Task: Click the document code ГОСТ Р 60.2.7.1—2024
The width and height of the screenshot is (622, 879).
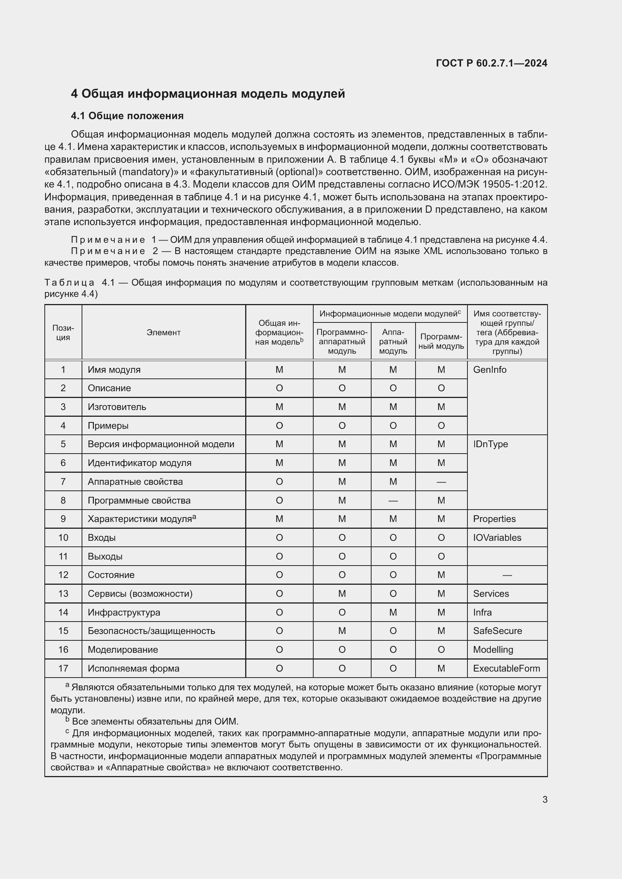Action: [492, 63]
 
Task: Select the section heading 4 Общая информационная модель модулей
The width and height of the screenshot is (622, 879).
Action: [208, 94]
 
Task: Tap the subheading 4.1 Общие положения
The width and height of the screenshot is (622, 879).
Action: [127, 116]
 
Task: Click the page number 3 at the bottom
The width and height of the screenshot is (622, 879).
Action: [545, 799]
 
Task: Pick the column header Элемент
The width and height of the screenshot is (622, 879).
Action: [164, 332]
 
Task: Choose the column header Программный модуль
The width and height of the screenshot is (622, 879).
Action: [441, 341]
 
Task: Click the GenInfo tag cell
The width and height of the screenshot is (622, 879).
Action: [490, 370]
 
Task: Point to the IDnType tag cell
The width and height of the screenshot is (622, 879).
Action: [490, 444]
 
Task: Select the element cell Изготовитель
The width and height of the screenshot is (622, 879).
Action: [117, 407]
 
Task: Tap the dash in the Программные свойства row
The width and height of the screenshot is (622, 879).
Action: [393, 500]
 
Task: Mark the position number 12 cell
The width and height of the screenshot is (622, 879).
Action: [63, 575]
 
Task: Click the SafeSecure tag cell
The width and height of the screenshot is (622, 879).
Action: [497, 631]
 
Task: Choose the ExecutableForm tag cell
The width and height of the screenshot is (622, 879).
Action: [506, 669]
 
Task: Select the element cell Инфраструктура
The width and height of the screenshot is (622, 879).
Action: [124, 613]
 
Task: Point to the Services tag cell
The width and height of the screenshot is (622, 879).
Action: [491, 594]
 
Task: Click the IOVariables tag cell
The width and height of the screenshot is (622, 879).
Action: [497, 538]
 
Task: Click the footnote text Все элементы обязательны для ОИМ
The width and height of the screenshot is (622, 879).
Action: [155, 722]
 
